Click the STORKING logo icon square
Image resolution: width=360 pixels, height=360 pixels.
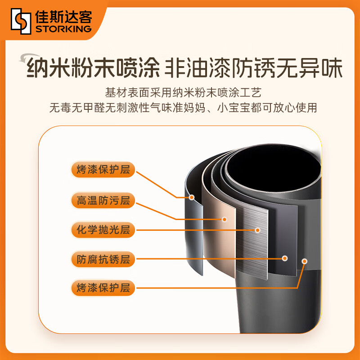tap(21, 21)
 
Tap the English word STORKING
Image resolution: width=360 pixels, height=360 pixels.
tap(63, 29)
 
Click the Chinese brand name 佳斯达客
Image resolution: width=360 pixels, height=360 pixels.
tap(63, 17)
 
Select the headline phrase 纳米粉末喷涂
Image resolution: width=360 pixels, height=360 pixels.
tap(94, 68)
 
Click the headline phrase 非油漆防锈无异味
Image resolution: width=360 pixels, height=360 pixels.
tap(253, 68)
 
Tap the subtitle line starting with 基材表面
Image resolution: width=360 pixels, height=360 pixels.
tap(183, 93)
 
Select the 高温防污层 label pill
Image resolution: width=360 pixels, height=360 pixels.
tap(103, 200)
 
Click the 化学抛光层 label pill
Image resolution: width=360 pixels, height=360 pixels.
tap(103, 229)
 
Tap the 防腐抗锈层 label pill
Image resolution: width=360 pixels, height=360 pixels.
tap(103, 259)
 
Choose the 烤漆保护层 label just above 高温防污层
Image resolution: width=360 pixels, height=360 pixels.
tap(103, 170)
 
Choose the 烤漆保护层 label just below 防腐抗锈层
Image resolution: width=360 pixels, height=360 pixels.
tap(103, 288)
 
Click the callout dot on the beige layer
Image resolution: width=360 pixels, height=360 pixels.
tap(225, 220)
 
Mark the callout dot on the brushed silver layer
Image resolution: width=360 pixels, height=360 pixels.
tap(257, 230)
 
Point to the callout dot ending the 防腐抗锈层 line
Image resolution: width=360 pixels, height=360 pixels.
tap(285, 258)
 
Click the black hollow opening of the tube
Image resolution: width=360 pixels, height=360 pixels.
tap(273, 169)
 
